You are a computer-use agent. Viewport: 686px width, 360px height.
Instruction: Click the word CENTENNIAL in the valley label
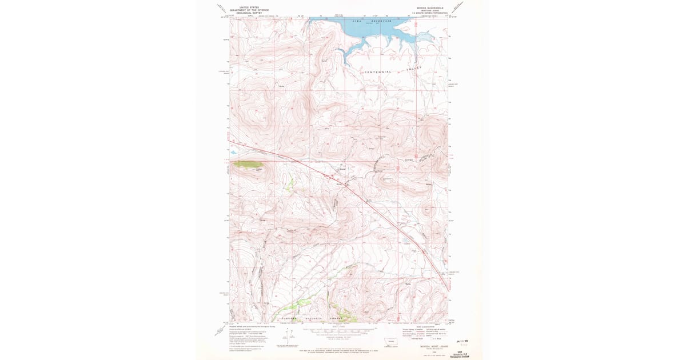(377, 72)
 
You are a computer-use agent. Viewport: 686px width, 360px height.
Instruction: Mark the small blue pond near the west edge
(233, 153)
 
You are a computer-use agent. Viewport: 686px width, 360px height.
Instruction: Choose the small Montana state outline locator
(392, 341)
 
